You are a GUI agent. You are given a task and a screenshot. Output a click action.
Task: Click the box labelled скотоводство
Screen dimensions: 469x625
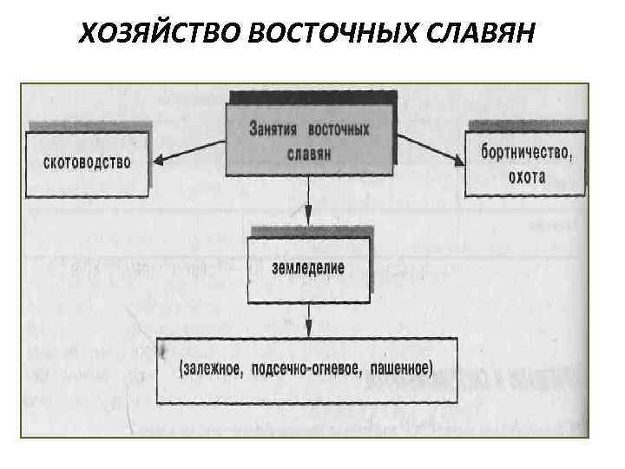pyautogui.click(x=87, y=162)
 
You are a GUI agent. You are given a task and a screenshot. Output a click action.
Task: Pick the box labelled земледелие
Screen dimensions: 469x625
pyautogui.click(x=309, y=268)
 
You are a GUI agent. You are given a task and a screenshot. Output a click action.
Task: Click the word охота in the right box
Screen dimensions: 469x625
pyautogui.click(x=528, y=176)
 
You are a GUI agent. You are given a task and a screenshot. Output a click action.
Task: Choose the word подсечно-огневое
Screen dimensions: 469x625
pyautogui.click(x=311, y=368)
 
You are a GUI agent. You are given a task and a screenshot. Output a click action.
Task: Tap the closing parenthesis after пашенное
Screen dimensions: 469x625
pyautogui.click(x=431, y=368)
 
